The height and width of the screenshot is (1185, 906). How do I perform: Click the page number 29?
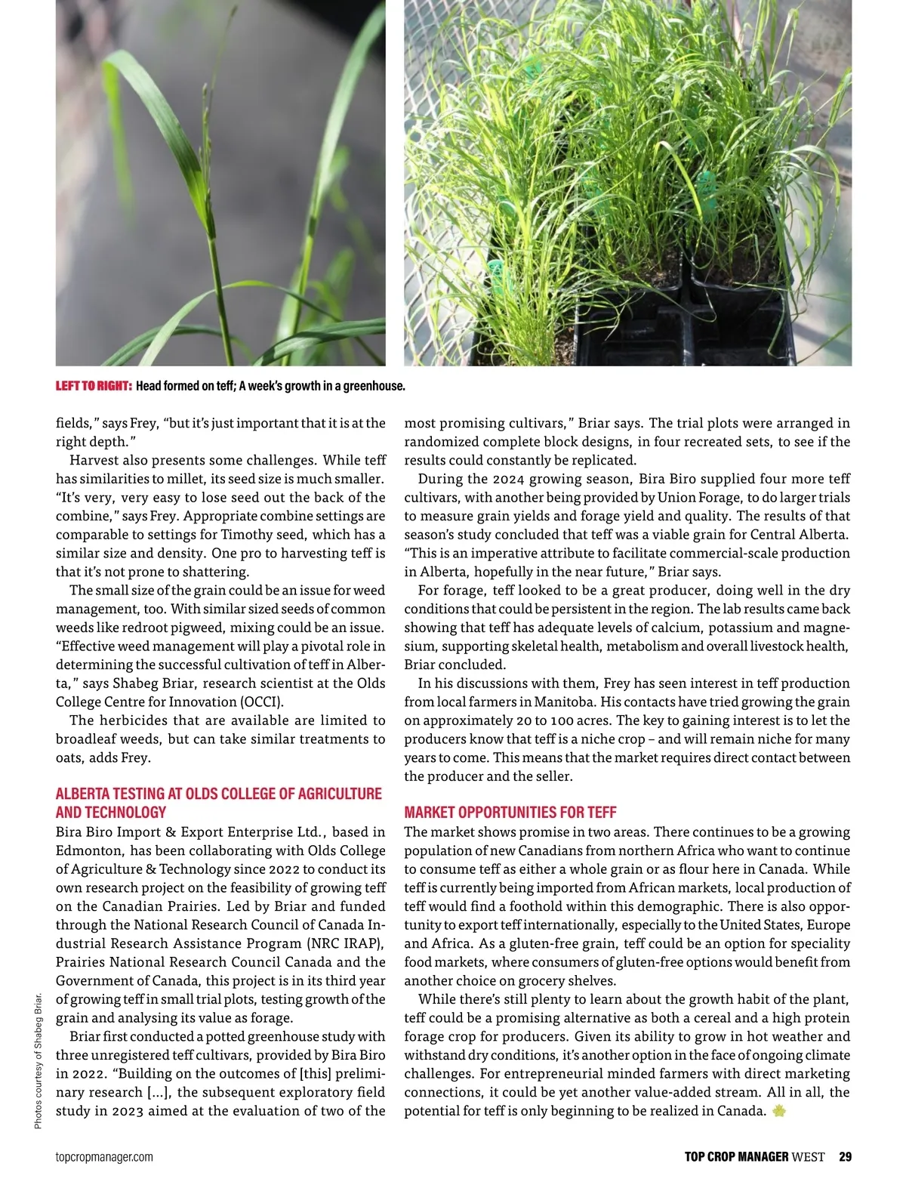845,1156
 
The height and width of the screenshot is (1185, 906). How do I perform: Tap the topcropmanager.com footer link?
104,1157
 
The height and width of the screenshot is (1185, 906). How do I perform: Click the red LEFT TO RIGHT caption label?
94,386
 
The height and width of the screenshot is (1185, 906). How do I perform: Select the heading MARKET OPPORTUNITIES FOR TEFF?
510,813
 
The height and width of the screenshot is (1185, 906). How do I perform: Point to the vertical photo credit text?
39,1061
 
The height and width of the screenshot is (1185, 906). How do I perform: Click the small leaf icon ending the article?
780,1111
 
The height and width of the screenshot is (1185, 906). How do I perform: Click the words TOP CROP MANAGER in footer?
736,1156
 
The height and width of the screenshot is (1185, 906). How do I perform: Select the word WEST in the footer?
808,1156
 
